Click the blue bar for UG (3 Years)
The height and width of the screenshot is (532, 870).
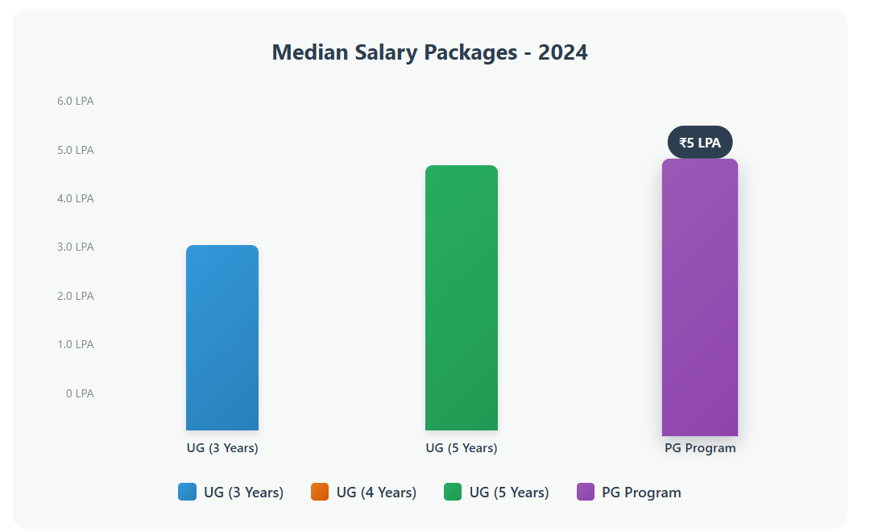click(222, 338)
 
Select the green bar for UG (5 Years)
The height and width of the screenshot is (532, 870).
click(462, 297)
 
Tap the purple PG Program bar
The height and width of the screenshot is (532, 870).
click(700, 297)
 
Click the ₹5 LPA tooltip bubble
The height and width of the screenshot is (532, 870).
click(700, 143)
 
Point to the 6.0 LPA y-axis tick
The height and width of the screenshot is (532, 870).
click(75, 101)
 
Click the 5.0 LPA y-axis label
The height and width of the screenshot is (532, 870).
click(75, 150)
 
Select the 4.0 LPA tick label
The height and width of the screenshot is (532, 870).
click(75, 198)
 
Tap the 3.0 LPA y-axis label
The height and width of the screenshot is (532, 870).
click(75, 247)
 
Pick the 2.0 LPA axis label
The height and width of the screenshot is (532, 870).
click(75, 296)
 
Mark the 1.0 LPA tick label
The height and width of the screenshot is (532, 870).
click(75, 344)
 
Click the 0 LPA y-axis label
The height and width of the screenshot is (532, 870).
click(80, 393)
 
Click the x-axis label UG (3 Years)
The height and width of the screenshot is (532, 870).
click(222, 448)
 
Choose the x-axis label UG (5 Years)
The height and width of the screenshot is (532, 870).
click(462, 448)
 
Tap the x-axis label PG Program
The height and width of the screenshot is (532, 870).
click(700, 448)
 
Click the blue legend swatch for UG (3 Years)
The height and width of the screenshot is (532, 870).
click(188, 492)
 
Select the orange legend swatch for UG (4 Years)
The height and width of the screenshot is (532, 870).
click(320, 492)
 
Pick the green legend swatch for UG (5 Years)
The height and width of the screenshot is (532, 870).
click(453, 492)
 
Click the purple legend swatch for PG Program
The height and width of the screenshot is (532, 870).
click(586, 492)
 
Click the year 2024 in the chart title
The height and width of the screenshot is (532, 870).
click(563, 53)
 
